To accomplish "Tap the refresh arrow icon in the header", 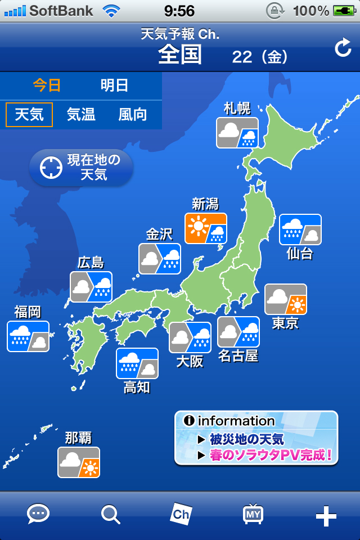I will pyautogui.click(x=343, y=49).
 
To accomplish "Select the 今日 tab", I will pyautogui.click(x=47, y=85).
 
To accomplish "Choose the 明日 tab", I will pyautogui.click(x=115, y=85).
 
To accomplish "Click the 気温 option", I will pyautogui.click(x=81, y=115).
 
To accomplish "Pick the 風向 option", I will pyautogui.click(x=133, y=115).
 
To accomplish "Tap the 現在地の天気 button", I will pyautogui.click(x=81, y=168).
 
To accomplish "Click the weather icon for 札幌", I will pyautogui.click(x=237, y=133).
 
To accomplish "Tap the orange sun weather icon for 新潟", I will pyautogui.click(x=206, y=228).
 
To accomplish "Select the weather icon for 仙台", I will pyautogui.click(x=300, y=229).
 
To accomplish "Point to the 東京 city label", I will pyautogui.click(x=285, y=323).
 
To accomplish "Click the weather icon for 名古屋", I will pyautogui.click(x=238, y=332).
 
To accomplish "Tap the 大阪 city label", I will pyautogui.click(x=190, y=361).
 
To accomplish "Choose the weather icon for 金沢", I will pyautogui.click(x=160, y=259).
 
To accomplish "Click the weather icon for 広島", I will pyautogui.click(x=91, y=287).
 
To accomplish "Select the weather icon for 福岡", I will pyautogui.click(x=28, y=336).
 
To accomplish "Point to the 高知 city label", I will pyautogui.click(x=137, y=387).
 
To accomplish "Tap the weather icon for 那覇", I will pyautogui.click(x=79, y=462).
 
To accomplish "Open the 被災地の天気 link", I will pyautogui.click(x=246, y=439).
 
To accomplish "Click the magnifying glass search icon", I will pyautogui.click(x=110, y=514).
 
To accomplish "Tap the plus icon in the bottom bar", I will pyautogui.click(x=326, y=515).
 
